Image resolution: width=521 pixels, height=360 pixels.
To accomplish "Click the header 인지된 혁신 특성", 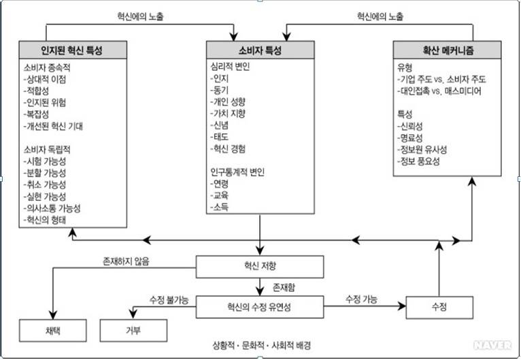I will click(x=72, y=50).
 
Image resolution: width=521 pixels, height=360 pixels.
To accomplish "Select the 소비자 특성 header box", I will click(x=260, y=50).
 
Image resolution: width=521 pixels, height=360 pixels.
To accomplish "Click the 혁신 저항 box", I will click(x=260, y=266).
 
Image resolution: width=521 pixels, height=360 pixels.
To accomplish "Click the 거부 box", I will click(x=133, y=331).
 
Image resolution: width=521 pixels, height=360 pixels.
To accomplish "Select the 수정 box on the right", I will click(x=439, y=306).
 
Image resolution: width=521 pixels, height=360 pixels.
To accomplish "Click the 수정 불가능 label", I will click(x=169, y=299).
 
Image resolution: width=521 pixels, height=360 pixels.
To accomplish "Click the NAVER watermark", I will click(x=493, y=346).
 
